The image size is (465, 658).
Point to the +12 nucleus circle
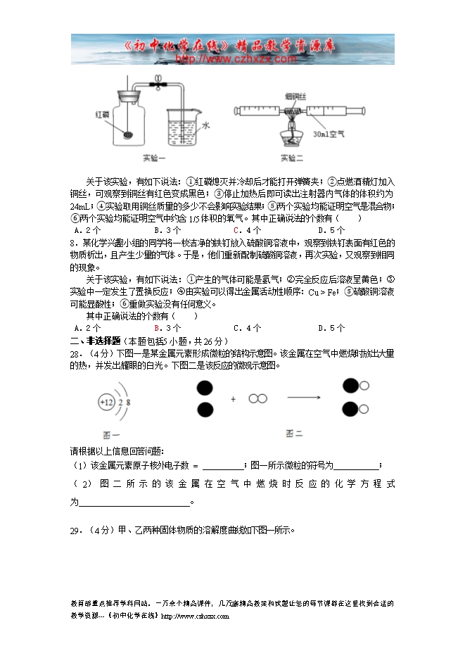pos(106,403)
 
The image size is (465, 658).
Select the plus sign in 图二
pos(233,399)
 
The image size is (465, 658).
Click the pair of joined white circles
pos(258,399)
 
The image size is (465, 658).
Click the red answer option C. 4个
pos(247,229)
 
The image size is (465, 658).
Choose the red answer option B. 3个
pos(163,327)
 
